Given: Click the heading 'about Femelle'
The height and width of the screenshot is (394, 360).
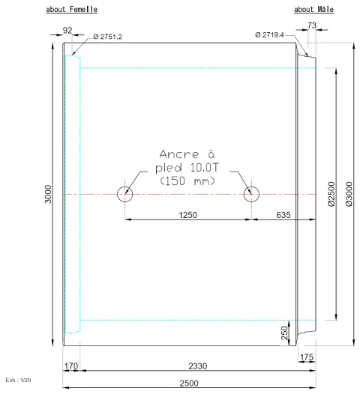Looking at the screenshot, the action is pyautogui.click(x=72, y=9).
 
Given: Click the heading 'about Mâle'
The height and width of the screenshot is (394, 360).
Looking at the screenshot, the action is pyautogui.click(x=313, y=9).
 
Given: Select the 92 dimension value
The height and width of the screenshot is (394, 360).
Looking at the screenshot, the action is pyautogui.click(x=67, y=31).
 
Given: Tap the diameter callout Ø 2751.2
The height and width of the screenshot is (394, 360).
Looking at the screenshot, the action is pyautogui.click(x=107, y=37).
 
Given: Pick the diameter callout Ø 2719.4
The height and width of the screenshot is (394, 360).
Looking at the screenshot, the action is pyautogui.click(x=269, y=34).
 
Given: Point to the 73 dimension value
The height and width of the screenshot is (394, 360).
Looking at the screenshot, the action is pyautogui.click(x=312, y=25).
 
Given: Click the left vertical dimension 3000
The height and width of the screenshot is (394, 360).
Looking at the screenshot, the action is pyautogui.click(x=48, y=194).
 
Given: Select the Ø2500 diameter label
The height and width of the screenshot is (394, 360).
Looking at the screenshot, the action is pyautogui.click(x=331, y=194).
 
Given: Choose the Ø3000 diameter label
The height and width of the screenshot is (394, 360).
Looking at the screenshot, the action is pyautogui.click(x=349, y=194).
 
